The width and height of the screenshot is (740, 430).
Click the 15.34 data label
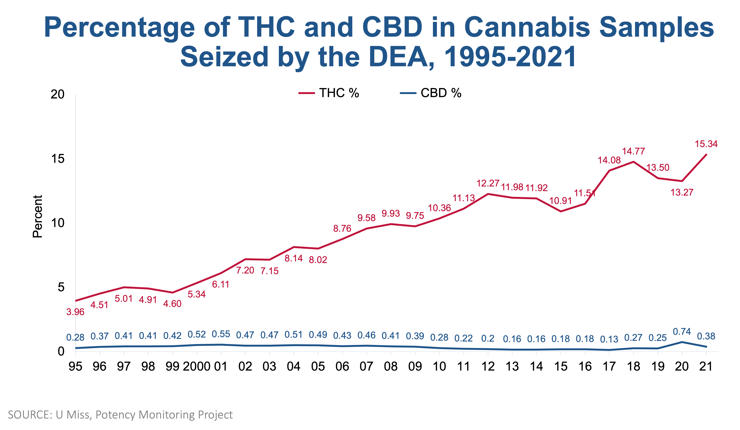coord(706,144)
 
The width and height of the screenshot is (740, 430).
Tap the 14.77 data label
coord(633,151)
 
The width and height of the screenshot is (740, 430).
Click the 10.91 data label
coord(560,201)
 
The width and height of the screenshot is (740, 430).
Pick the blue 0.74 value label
coord(682,332)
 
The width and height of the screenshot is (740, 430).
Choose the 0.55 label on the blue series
coord(221,334)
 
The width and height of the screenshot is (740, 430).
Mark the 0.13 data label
coord(609,339)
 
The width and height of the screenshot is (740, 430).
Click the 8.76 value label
coord(342,228)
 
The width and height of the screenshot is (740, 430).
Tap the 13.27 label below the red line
coord(682,192)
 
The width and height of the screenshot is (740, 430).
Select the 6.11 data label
coord(221,284)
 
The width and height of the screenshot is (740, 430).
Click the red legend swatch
coord(307,93)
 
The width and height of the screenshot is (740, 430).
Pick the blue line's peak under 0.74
coord(682,342)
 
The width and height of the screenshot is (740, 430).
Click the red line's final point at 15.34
coord(706,154)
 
